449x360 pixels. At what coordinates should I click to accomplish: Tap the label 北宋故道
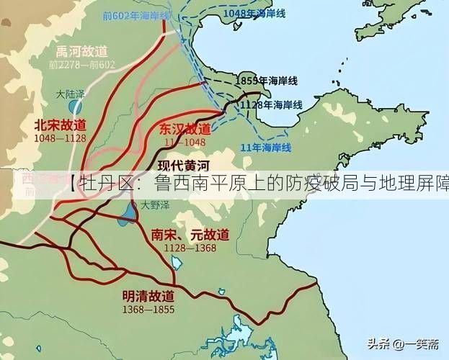point(60,125)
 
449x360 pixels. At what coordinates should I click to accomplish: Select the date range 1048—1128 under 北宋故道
point(60,138)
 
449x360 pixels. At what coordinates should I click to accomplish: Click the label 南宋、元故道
point(190,235)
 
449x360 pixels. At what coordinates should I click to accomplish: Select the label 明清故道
point(148,295)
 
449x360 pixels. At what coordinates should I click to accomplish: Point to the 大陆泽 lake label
point(70,94)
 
